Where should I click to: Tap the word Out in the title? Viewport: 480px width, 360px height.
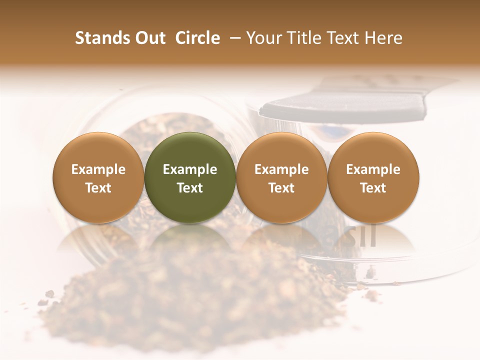(x=148, y=38)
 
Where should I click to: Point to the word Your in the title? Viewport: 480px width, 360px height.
(x=263, y=38)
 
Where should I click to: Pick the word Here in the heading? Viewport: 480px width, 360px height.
(x=384, y=38)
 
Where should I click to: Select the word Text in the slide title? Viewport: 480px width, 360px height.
(x=344, y=38)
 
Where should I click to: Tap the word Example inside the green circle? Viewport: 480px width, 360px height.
(x=190, y=169)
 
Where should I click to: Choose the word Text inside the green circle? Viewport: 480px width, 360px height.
(x=190, y=188)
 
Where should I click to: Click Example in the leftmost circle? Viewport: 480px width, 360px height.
(x=98, y=169)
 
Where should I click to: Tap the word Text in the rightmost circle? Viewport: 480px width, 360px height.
(x=373, y=188)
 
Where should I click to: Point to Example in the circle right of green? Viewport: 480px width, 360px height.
(x=281, y=169)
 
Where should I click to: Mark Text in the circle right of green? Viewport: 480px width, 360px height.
(x=281, y=188)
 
